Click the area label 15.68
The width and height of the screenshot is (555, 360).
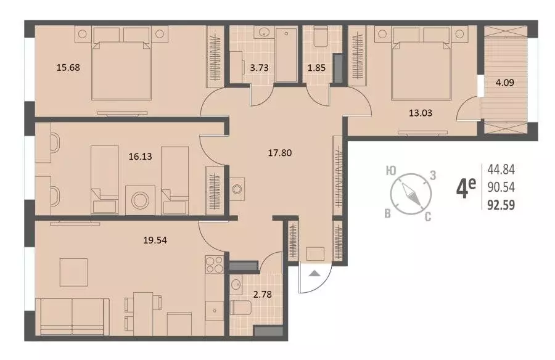(68, 67)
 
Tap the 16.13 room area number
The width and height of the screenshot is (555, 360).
(140, 156)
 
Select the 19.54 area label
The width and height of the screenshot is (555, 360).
(155, 240)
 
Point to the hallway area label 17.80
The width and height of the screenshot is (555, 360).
(279, 153)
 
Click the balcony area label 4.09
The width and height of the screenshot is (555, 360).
(504, 83)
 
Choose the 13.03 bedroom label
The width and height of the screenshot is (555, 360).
(421, 113)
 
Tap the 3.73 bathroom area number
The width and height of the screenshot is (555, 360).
(259, 68)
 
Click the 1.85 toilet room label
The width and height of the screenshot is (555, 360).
(316, 68)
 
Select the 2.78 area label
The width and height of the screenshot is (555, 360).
(263, 294)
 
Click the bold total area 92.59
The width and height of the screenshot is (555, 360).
(501, 205)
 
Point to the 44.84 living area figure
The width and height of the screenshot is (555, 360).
(501, 170)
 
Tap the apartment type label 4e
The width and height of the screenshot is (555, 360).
(466, 188)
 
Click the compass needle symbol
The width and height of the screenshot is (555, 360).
(411, 194)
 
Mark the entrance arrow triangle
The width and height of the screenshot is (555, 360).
(314, 273)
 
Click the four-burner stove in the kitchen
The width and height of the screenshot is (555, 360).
(215, 265)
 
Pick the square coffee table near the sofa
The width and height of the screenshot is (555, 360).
(73, 272)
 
